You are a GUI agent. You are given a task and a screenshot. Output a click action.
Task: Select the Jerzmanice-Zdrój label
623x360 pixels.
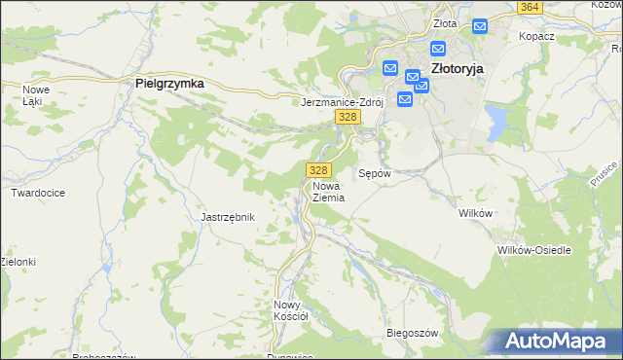click(x=344, y=101)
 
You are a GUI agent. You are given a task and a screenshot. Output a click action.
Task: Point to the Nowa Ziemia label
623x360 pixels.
click(x=329, y=191)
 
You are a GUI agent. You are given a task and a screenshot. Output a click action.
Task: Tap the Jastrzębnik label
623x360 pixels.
click(x=227, y=217)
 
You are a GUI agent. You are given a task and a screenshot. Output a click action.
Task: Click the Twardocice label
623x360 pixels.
click(x=38, y=193)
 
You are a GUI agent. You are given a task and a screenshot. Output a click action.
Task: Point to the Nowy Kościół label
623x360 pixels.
click(x=290, y=309)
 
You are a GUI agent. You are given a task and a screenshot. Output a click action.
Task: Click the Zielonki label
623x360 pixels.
click(x=18, y=262)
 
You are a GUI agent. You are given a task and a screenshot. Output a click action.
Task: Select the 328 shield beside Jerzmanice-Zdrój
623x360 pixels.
click(x=348, y=117)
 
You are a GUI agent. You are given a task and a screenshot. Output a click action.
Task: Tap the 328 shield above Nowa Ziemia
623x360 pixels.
click(x=314, y=170)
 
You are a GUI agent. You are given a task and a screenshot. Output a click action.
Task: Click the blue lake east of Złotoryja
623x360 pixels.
click(x=497, y=121)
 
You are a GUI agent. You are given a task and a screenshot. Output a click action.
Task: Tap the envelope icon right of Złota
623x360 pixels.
click(x=479, y=25)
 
